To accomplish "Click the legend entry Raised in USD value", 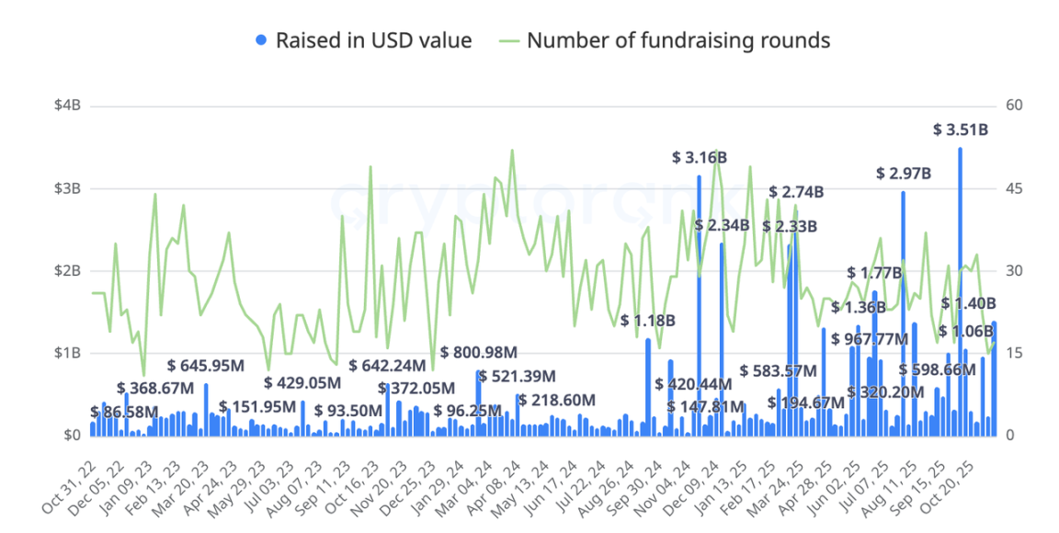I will pyautogui.click(x=363, y=40).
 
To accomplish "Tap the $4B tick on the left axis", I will pyautogui.click(x=67, y=106).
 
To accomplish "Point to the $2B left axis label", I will pyautogui.click(x=67, y=271).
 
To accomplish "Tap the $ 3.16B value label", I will pyautogui.click(x=700, y=158).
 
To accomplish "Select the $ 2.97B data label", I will pyautogui.click(x=904, y=173).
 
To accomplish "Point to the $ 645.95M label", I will pyautogui.click(x=206, y=365).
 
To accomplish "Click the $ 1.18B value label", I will pyautogui.click(x=648, y=321).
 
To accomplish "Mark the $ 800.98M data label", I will pyautogui.click(x=479, y=352).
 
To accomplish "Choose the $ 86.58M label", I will pyautogui.click(x=125, y=411).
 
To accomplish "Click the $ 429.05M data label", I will pyautogui.click(x=303, y=383).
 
